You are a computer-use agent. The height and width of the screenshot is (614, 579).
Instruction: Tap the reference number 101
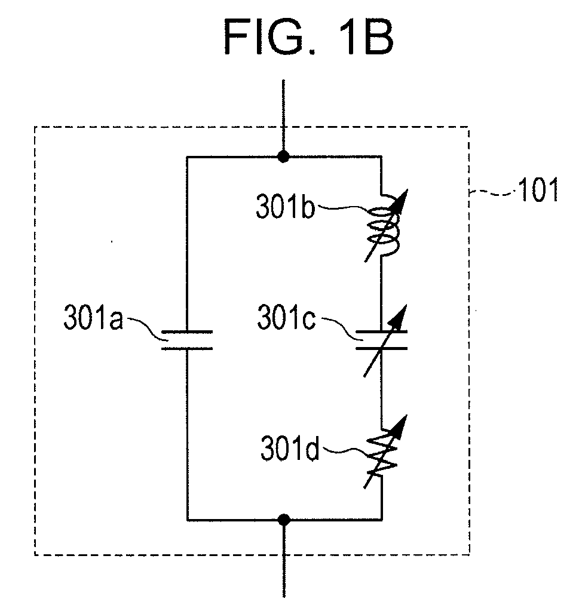[538, 191]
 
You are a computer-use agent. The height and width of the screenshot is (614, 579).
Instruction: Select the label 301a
[93, 317]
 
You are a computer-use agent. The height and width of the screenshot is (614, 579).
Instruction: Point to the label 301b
[285, 206]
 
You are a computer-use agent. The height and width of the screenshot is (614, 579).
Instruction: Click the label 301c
[286, 317]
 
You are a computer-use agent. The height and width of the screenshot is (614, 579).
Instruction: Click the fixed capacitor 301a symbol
[187, 340]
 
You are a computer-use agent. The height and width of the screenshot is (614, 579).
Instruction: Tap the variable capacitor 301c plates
[381, 340]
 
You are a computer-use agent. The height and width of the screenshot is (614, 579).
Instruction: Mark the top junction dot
[283, 157]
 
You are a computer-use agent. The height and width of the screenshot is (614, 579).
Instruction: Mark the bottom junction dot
[284, 520]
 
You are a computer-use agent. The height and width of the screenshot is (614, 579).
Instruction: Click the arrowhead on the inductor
[401, 199]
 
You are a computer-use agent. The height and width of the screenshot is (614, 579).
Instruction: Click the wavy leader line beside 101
[493, 192]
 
